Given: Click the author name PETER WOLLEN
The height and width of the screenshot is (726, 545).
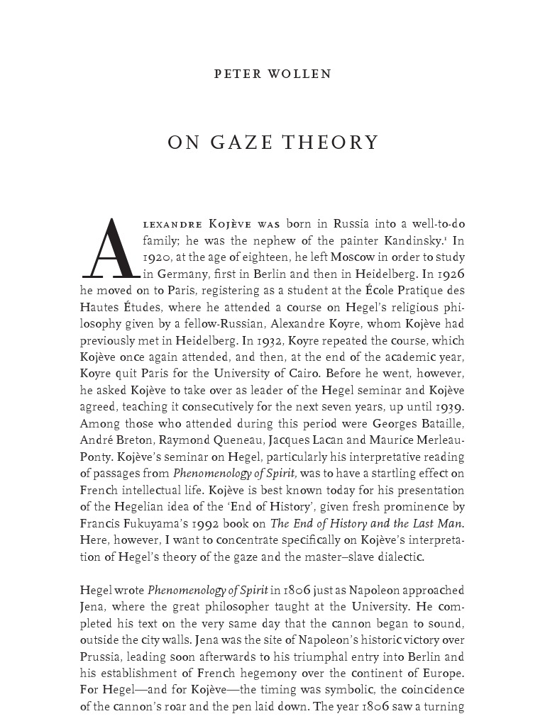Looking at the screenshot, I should pyautogui.click(x=272, y=74).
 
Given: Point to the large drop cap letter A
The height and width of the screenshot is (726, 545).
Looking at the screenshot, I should pyautogui.click(x=109, y=248).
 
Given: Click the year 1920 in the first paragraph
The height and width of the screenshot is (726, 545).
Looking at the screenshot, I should pyautogui.click(x=94, y=257).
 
